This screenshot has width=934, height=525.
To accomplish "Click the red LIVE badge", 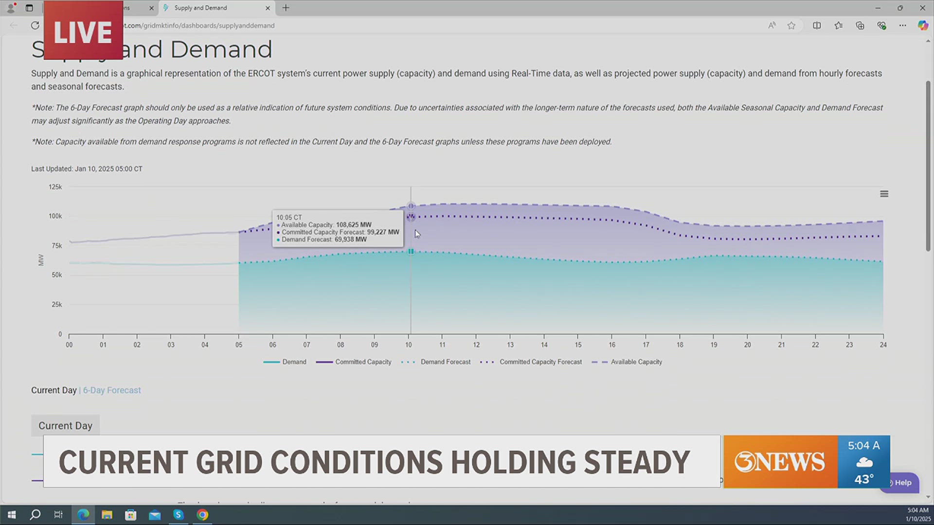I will (83, 32).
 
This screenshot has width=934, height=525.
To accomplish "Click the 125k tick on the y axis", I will (55, 187).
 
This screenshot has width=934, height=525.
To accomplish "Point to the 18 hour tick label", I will (680, 345).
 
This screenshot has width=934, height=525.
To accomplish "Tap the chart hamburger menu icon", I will (884, 194).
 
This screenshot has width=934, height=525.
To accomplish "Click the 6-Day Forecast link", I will (111, 390).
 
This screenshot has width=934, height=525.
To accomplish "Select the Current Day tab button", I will (65, 426).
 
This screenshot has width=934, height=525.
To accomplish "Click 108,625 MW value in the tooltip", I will (353, 225).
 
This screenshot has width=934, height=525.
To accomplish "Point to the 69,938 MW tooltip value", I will (350, 240).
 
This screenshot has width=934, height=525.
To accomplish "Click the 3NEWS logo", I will (779, 462).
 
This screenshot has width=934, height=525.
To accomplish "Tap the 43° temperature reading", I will (864, 479).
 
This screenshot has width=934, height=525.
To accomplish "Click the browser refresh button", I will (35, 25).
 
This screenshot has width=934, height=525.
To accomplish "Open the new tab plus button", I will (286, 8).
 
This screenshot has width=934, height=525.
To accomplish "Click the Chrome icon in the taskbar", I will (202, 515).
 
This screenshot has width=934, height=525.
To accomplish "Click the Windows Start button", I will (12, 515).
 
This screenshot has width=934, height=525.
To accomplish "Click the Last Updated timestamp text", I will (87, 169).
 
